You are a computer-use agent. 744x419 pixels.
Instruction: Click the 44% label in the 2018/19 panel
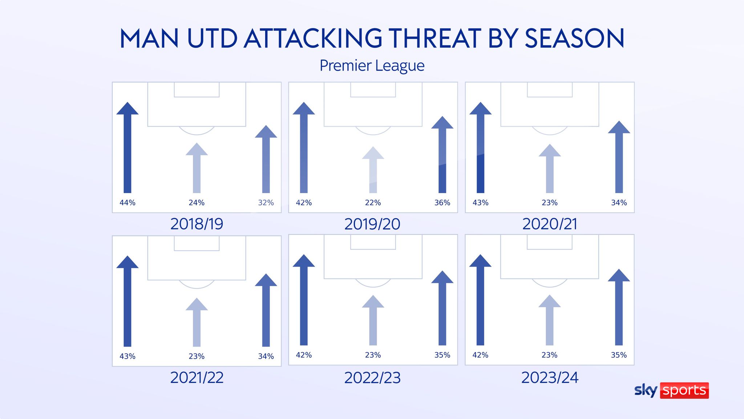pyautogui.click(x=127, y=203)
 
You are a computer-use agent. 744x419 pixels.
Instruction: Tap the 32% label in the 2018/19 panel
pyautogui.click(x=266, y=203)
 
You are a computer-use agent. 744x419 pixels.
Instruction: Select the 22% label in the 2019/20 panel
pyautogui.click(x=373, y=203)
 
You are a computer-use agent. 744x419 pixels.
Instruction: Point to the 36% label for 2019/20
pyautogui.click(x=442, y=203)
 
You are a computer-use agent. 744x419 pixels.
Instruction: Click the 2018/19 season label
pyautogui.click(x=197, y=224)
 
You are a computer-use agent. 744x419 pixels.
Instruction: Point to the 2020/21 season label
pyautogui.click(x=550, y=224)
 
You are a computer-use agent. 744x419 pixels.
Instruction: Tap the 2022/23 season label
pyautogui.click(x=372, y=378)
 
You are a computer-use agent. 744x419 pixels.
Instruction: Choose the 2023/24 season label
pyautogui.click(x=550, y=378)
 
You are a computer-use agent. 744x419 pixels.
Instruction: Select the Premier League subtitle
pyautogui.click(x=372, y=66)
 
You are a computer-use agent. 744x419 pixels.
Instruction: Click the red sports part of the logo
pyautogui.click(x=684, y=391)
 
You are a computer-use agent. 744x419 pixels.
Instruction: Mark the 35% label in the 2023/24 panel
pyautogui.click(x=619, y=355)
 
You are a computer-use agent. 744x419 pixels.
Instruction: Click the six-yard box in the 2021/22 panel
pyautogui.click(x=197, y=243)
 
